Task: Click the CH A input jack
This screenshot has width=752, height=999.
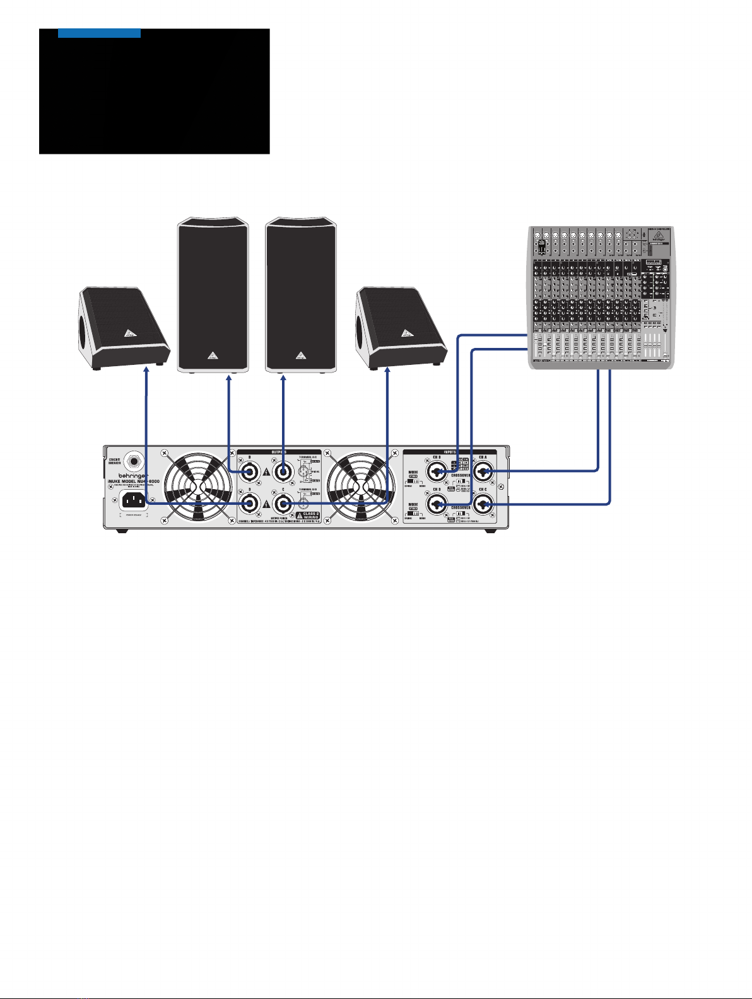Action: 484,471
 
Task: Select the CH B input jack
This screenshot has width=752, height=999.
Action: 438,471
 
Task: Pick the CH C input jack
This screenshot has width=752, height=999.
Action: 484,504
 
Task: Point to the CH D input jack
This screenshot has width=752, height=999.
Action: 438,504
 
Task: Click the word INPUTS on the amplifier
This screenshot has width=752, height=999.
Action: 450,452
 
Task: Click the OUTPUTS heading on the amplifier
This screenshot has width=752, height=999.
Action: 278,452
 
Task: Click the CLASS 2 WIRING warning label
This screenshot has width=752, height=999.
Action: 307,516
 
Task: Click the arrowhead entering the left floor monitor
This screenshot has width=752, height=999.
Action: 146,373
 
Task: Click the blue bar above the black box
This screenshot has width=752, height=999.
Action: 99,33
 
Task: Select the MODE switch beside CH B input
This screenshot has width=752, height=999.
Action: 414,483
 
